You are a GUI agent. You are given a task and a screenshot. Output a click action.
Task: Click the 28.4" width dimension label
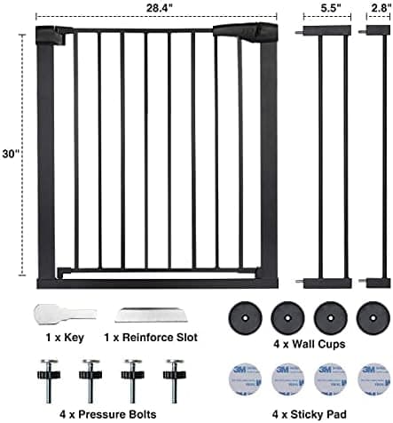click(159, 8)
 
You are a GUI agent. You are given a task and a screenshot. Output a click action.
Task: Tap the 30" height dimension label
click(11, 154)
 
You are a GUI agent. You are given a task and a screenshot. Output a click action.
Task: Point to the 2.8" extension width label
click(381, 8)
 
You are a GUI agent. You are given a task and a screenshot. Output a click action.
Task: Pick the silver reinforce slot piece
click(151, 315)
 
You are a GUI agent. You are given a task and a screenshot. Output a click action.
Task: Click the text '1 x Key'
click(65, 338)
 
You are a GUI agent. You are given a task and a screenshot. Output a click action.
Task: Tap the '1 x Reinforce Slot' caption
click(151, 338)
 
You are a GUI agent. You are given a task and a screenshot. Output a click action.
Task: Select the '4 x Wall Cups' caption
click(310, 344)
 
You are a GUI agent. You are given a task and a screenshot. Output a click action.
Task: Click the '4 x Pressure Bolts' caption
click(108, 414)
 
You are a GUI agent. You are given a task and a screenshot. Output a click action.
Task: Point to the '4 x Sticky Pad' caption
click(310, 414)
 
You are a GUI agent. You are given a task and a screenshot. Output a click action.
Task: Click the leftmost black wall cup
click(245, 318)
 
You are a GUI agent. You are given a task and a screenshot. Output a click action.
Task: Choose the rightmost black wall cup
click(373, 318)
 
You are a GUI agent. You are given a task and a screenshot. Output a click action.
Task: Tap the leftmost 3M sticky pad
click(245, 379)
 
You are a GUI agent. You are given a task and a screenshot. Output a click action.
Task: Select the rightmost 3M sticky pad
click(373, 379)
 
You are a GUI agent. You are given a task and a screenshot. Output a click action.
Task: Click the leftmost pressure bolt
click(49, 381)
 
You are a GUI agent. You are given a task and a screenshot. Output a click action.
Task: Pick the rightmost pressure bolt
click(175, 381)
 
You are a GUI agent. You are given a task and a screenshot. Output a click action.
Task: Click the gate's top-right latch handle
click(246, 32)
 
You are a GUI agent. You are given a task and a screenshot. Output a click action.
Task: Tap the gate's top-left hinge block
click(54, 35)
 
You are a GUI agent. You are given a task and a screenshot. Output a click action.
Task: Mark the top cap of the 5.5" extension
click(327, 30)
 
